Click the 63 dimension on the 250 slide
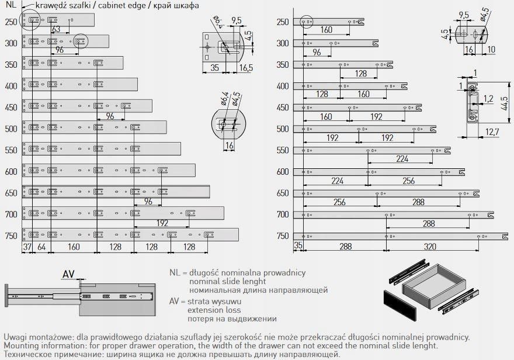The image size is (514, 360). pos(57,29)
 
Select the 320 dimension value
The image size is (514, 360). pos(430,246)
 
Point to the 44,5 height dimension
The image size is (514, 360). pos(505,103)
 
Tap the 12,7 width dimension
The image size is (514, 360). pos(492,132)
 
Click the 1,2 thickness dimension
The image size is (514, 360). pos(488,98)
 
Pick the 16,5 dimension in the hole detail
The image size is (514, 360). pos(246,68)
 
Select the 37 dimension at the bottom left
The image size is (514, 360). pos(27,247)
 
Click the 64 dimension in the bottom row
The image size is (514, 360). pos(41,247)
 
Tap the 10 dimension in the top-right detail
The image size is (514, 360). pos(491,50)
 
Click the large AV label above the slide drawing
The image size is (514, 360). pos(68,274)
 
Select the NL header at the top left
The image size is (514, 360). pos(11,5)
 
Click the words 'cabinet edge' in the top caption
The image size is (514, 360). pos(121,5)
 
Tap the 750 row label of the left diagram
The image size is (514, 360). pos(11,236)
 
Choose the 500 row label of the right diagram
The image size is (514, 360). pos(283,129)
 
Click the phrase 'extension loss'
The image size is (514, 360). pos(214,310)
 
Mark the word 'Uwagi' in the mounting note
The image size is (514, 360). pos(15,337)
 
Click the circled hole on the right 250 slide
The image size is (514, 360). pos(307,22)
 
